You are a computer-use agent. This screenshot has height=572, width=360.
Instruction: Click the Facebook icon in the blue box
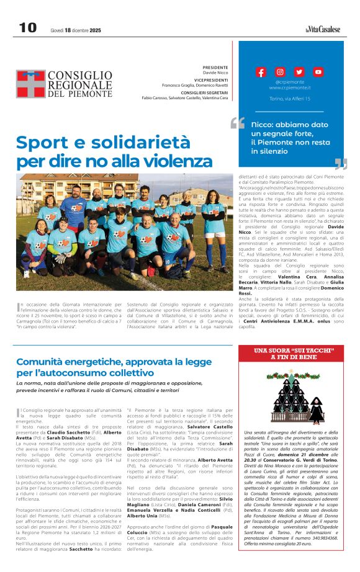pos(261,72)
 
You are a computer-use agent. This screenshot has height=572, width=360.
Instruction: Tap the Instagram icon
pos(280,72)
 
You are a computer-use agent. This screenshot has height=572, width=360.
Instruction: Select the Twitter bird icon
pos(299,72)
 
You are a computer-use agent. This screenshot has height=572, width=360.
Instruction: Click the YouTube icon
pos(318,72)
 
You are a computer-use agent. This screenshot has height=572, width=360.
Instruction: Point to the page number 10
pos(28,28)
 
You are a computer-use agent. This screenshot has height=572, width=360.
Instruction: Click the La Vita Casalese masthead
pos(323,29)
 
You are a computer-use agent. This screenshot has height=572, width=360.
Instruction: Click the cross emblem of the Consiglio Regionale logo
pos(30,84)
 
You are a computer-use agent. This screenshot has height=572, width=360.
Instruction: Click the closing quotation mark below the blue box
pos(340,164)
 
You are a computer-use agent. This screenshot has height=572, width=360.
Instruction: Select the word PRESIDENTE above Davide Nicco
pos(215,68)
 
